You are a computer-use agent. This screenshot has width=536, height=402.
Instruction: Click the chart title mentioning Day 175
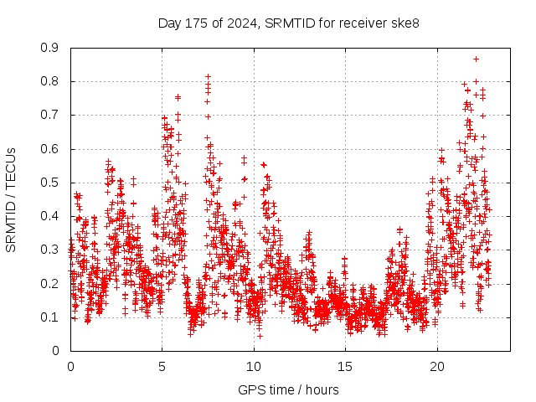point(289,23)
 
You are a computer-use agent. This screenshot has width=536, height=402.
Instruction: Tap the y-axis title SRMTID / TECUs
point(11,200)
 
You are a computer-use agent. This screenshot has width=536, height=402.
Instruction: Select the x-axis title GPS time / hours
point(289,389)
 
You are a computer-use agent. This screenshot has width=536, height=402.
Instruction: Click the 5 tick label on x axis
point(162,367)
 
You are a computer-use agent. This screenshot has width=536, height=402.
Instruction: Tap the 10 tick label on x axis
point(254,367)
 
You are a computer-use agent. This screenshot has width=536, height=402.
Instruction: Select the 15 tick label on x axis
point(345,367)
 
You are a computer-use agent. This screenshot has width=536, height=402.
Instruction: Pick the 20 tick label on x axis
point(437,367)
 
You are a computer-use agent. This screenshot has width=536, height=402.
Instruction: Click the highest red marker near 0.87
point(476,59)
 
